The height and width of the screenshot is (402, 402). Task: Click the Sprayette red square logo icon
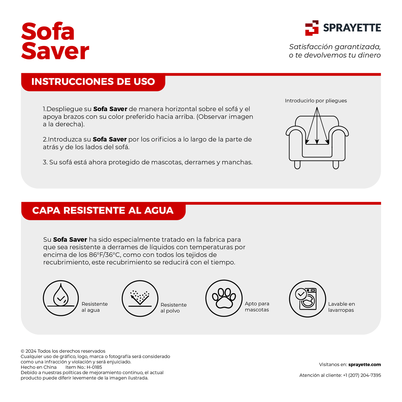(x=312, y=28)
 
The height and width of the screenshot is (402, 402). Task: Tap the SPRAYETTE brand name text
(x=352, y=28)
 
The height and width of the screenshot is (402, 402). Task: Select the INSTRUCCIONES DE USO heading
(x=93, y=82)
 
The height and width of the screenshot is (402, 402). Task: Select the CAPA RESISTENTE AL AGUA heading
(x=103, y=211)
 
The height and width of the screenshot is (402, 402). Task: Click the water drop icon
(x=61, y=298)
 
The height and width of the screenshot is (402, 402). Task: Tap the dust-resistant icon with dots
(x=140, y=299)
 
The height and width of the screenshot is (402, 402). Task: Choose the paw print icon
(x=224, y=298)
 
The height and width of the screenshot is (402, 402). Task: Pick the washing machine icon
(x=307, y=299)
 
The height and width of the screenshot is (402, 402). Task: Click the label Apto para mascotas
(x=257, y=307)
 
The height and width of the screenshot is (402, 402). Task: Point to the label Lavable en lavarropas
(x=341, y=307)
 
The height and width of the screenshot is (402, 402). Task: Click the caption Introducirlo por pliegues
(x=316, y=101)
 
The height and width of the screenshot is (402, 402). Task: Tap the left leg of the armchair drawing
(x=297, y=165)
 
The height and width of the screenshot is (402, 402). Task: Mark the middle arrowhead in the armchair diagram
(x=317, y=142)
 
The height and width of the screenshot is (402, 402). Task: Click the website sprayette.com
(x=364, y=365)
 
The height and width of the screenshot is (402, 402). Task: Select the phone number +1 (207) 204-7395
(x=362, y=375)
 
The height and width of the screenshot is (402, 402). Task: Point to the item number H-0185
(x=94, y=367)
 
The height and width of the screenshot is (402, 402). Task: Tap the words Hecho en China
(x=39, y=367)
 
